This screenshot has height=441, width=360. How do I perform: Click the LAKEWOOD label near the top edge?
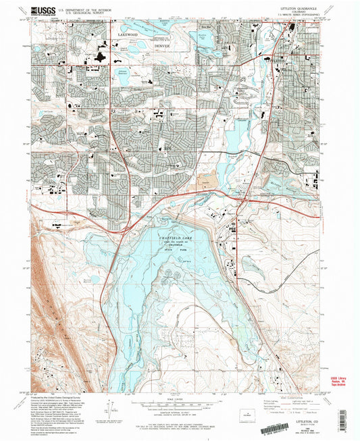click(x=127, y=33)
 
